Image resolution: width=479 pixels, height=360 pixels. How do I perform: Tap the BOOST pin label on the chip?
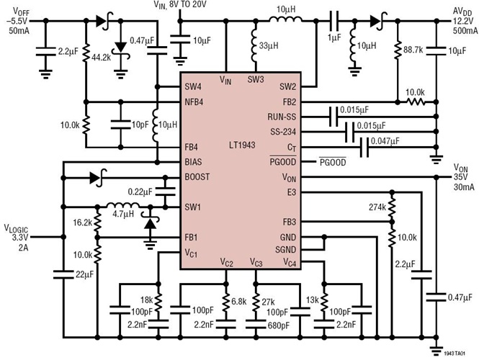(197, 176)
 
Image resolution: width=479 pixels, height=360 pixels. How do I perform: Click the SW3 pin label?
(256, 79)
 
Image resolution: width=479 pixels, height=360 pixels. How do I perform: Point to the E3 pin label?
(291, 192)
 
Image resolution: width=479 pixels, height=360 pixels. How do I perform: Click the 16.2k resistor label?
(83, 223)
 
